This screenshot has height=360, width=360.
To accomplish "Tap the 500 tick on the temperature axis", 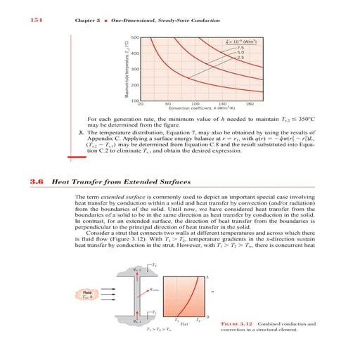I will tap(134, 37).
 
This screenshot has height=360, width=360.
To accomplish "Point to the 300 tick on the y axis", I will tap(134, 69).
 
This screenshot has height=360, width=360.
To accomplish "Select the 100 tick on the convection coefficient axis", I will tap(195, 105).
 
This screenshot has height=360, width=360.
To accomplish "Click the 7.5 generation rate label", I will tap(240, 46).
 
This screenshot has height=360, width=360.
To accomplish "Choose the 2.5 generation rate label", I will tap(240, 57).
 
